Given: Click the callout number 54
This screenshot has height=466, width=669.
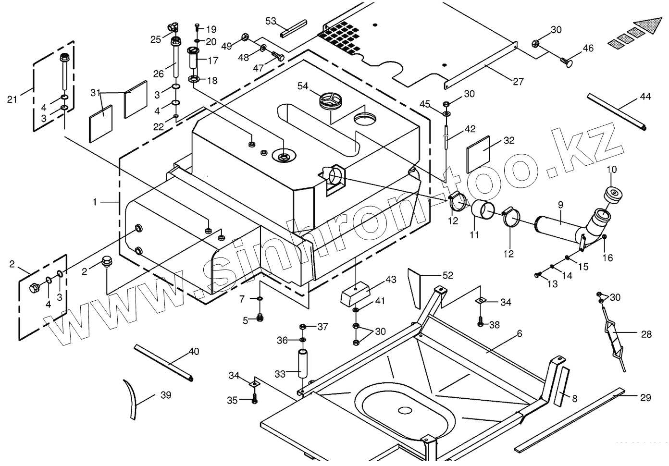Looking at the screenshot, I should pos(303,86).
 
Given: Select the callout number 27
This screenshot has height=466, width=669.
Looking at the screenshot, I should pos(518,81).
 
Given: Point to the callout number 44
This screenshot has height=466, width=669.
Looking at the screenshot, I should pos(645,97).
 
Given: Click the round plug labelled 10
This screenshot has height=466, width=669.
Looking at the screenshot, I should pos(613,195).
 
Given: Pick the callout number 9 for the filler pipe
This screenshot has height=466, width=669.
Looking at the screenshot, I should pos(560,205).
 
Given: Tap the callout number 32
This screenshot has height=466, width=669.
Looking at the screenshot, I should pos(509,140).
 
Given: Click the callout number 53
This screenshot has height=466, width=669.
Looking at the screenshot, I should pos(271,21).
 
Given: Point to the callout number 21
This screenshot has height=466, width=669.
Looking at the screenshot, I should pos(12,99).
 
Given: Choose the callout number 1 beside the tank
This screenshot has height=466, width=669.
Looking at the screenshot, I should pos(95,202).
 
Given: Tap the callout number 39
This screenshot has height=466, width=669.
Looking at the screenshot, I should pos(166,395).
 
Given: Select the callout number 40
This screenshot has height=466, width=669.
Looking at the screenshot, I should pos(194,352).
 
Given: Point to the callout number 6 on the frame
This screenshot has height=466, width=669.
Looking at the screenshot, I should pos(519,333).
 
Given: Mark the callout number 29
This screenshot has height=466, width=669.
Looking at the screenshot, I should pos(645,397).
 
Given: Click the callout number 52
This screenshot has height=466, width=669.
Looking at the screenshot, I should pos(447,275).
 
